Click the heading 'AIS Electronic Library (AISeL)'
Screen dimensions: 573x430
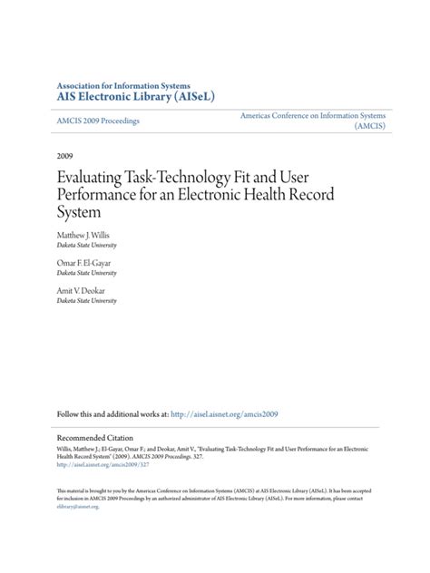[135, 94]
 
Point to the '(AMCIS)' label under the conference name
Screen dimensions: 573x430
[370, 127]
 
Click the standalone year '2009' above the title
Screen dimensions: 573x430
[66, 155]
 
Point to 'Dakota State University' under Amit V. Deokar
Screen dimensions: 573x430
[86, 301]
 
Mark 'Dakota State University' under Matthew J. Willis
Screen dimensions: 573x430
[86, 245]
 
